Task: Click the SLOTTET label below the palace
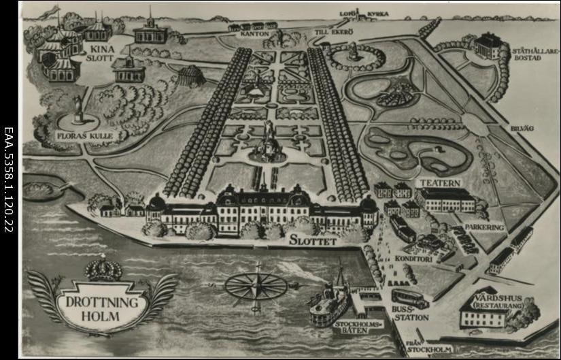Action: click(x=313, y=240)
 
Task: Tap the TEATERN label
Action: click(x=441, y=183)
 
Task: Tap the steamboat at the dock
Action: click(x=330, y=301)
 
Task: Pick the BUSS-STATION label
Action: click(x=410, y=313)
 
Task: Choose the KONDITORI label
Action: click(x=413, y=259)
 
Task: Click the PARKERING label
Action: click(x=486, y=227)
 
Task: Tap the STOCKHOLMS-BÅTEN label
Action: click(x=359, y=328)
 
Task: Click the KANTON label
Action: click(x=253, y=33)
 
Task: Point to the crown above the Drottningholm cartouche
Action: click(x=103, y=269)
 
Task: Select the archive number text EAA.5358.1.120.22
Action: click(x=9, y=180)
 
